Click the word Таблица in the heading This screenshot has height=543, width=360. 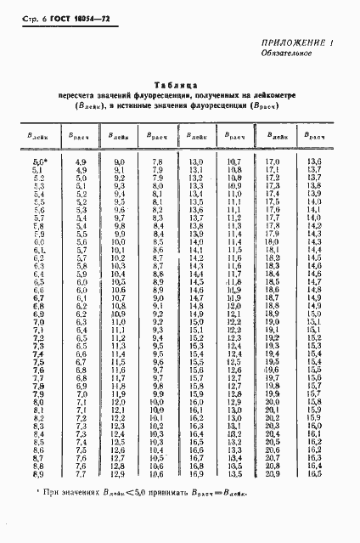coord(177,85)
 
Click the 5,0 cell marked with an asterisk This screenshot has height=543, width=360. coord(40,161)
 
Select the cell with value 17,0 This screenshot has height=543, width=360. coord(272,161)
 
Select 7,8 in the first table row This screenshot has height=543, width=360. coord(156,161)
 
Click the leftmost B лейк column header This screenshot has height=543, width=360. coord(38,135)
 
